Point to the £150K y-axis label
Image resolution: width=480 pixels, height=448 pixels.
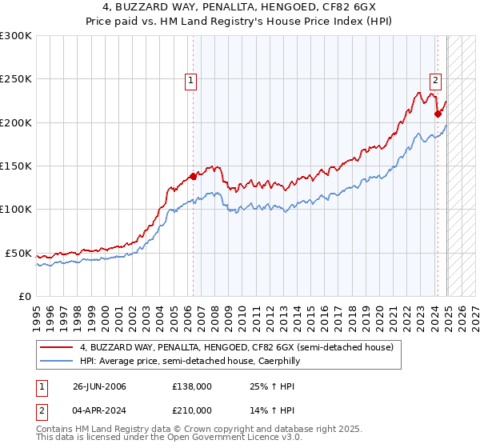[x=16, y=166]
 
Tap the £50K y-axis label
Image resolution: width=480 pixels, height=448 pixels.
[x=18, y=253]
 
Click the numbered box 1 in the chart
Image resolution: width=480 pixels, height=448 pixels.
[x=193, y=79]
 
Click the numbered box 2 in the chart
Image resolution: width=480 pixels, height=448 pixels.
[x=436, y=79]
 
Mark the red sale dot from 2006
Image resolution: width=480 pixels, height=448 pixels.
[x=193, y=176]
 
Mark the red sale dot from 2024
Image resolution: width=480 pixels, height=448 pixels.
[x=438, y=114]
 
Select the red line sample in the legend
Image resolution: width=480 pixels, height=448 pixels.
[x=57, y=348]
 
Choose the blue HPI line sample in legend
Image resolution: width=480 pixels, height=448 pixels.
[x=57, y=362]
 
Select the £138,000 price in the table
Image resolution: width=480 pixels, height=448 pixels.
[x=192, y=387]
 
